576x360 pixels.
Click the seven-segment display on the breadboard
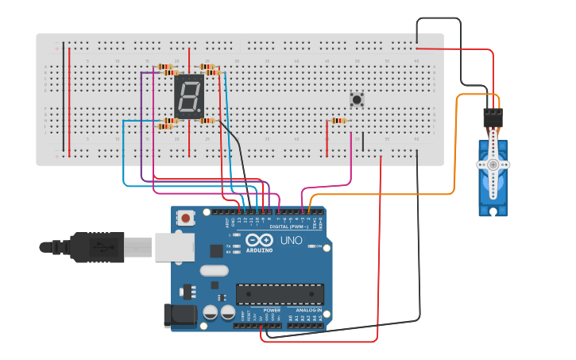[x=189, y=97]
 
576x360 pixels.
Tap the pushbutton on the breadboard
[x=358, y=100]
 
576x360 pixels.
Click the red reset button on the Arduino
[x=186, y=217]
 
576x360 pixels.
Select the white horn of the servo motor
[x=493, y=164]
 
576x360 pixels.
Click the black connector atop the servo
[x=493, y=118]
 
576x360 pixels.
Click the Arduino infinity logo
[x=259, y=240]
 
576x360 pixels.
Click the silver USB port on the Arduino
[x=174, y=247]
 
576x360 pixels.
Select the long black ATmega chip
[x=280, y=294]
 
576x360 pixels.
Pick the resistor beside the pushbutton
[x=338, y=121]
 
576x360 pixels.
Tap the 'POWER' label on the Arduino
[x=261, y=311]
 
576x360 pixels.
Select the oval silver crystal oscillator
[x=215, y=270]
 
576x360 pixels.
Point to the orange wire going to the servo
[x=454, y=159]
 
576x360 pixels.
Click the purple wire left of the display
[x=141, y=119]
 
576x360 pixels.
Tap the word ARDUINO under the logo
[x=260, y=250]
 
